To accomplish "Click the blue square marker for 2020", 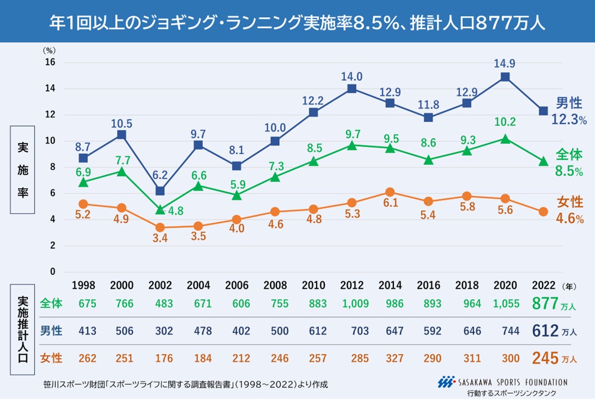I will click(x=505, y=77).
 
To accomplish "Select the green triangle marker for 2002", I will click(x=160, y=209).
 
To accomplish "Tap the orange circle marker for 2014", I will click(x=390, y=192).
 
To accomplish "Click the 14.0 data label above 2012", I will click(x=352, y=76).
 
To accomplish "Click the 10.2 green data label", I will click(x=505, y=121).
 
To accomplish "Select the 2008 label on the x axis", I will click(x=275, y=286).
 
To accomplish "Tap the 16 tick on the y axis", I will click(x=50, y=62).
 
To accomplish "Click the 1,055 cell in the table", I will click(x=504, y=304).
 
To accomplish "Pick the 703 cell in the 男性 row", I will click(x=360, y=331).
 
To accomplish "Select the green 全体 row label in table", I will click(x=51, y=304).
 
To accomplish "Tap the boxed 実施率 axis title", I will click(x=23, y=170).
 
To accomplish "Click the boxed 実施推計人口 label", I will click(x=23, y=331).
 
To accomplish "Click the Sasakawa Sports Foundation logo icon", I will click(x=445, y=382).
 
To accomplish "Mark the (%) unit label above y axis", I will click(x=50, y=50).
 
